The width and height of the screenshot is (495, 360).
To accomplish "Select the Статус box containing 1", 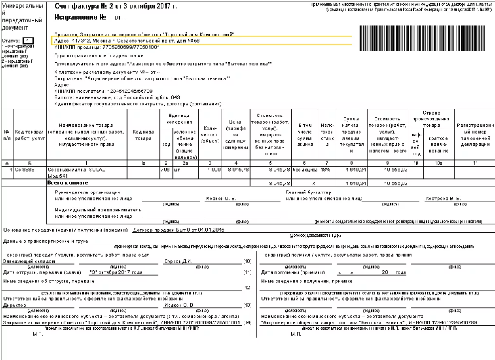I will pos(28,41).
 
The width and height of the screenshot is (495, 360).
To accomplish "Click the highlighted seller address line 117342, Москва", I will pos(125,41).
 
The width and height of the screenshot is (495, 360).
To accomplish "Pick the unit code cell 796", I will pos(165,169).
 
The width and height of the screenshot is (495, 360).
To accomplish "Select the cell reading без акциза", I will pos(305,169).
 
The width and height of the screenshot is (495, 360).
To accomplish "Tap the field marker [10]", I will pos(247,261).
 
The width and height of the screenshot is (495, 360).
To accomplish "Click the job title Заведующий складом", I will pos(26,261).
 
